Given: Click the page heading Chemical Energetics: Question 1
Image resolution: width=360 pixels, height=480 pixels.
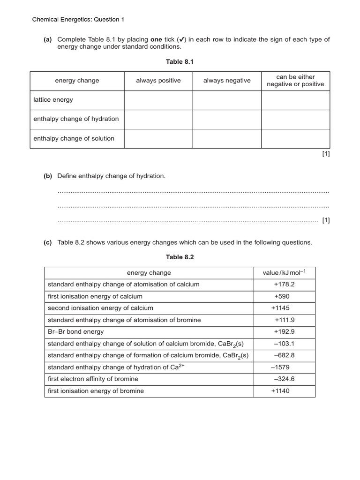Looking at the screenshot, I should pyautogui.click(x=78, y=20).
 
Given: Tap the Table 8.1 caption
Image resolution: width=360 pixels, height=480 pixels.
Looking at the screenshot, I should pyautogui.click(x=180, y=61).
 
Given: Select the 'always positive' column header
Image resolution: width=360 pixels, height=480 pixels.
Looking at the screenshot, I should pyautogui.click(x=158, y=81).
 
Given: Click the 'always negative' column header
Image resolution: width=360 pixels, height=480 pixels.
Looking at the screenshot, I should pyautogui.click(x=227, y=81).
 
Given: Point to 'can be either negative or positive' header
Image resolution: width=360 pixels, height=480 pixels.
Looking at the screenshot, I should pyautogui.click(x=295, y=81).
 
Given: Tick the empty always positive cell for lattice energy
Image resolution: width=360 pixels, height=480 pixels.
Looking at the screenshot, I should pyautogui.click(x=158, y=100).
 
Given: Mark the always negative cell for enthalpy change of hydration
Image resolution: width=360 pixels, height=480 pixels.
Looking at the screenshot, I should pyautogui.click(x=227, y=119).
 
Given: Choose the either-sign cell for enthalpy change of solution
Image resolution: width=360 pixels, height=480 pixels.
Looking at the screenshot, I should pyautogui.click(x=295, y=139).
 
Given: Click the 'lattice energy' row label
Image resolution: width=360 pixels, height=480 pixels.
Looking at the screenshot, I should pyautogui.click(x=53, y=100).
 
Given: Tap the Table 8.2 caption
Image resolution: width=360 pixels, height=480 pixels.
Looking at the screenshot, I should pyautogui.click(x=180, y=257).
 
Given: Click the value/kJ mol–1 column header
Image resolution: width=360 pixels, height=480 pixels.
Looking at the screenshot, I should pyautogui.click(x=284, y=273).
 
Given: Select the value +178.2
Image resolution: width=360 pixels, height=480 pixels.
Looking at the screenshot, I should pyautogui.click(x=284, y=285).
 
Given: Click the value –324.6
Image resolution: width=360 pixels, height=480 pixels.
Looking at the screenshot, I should pyautogui.click(x=284, y=379).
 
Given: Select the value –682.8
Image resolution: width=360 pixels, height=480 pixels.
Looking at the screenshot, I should pyautogui.click(x=284, y=355).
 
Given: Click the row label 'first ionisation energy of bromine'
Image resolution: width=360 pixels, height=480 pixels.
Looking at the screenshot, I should pyautogui.click(x=96, y=391).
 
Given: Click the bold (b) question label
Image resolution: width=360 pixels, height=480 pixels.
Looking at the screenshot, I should pyautogui.click(x=48, y=176).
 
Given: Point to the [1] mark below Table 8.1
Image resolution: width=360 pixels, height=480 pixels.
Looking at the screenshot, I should pyautogui.click(x=326, y=154).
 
